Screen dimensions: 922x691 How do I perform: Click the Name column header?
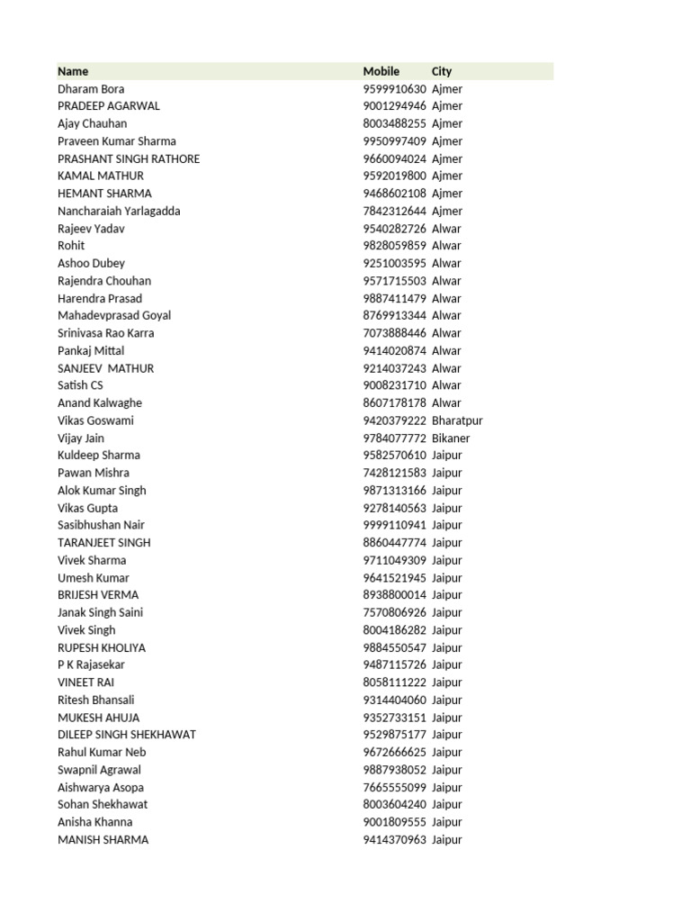(73, 71)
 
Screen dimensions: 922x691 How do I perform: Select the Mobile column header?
(381, 71)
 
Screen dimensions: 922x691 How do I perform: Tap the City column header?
(442, 71)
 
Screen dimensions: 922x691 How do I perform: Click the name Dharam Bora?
(91, 89)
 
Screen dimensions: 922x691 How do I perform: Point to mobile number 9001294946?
(394, 106)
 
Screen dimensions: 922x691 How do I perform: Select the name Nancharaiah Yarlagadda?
(119, 211)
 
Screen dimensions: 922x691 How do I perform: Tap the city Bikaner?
(451, 438)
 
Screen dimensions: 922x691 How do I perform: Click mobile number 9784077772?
(394, 438)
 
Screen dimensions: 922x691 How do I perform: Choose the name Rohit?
(71, 246)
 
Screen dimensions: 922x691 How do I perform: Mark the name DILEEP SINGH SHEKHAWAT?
(127, 735)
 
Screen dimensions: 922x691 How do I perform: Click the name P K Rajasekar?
(91, 664)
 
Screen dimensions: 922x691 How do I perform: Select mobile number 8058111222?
(394, 682)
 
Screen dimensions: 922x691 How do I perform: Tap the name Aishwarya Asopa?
(101, 787)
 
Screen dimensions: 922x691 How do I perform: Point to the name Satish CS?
(80, 385)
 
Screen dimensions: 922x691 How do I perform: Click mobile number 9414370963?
(394, 840)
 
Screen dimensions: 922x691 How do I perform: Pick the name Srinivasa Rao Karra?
(105, 333)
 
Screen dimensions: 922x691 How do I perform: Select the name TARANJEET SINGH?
(103, 543)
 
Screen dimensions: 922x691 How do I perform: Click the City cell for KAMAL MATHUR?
(447, 176)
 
